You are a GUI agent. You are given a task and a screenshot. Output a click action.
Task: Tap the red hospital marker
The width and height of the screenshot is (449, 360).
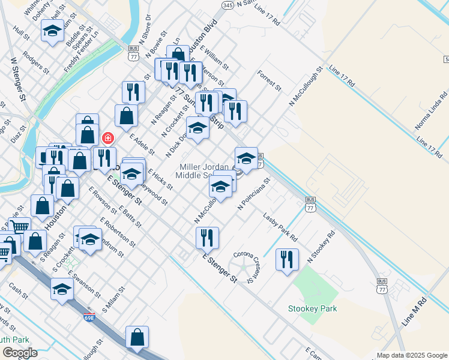click(107, 138)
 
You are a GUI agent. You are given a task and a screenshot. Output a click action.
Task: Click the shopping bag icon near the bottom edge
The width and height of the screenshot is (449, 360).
click(137, 337)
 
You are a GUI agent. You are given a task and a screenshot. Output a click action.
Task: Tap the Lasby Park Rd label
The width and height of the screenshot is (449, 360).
click(280, 226)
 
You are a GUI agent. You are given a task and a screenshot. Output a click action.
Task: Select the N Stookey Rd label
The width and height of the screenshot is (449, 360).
click(319, 247)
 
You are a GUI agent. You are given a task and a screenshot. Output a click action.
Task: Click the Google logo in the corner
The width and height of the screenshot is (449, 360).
click(20, 353)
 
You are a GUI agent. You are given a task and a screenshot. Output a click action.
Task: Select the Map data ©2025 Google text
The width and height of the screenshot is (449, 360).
click(411, 355)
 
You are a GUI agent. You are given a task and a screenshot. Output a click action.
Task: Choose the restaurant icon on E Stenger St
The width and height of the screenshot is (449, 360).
click(207, 237)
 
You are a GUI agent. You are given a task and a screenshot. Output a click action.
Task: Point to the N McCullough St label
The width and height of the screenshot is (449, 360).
click(302, 89)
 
